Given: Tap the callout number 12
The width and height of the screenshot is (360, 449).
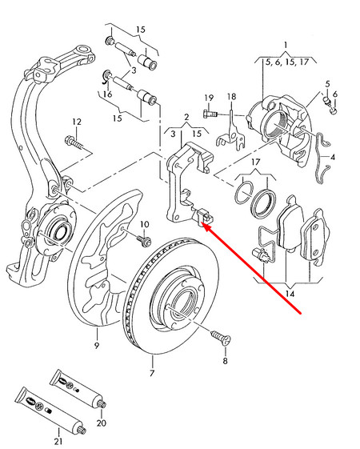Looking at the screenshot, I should coord(76,122).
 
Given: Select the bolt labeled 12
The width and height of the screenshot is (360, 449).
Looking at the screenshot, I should coord(75,145).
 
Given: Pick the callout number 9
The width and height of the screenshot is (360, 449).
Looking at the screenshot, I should coord(96,346).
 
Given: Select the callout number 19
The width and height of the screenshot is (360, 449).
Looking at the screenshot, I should coord(208,98).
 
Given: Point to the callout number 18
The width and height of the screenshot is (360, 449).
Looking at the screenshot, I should coord(231,98).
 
